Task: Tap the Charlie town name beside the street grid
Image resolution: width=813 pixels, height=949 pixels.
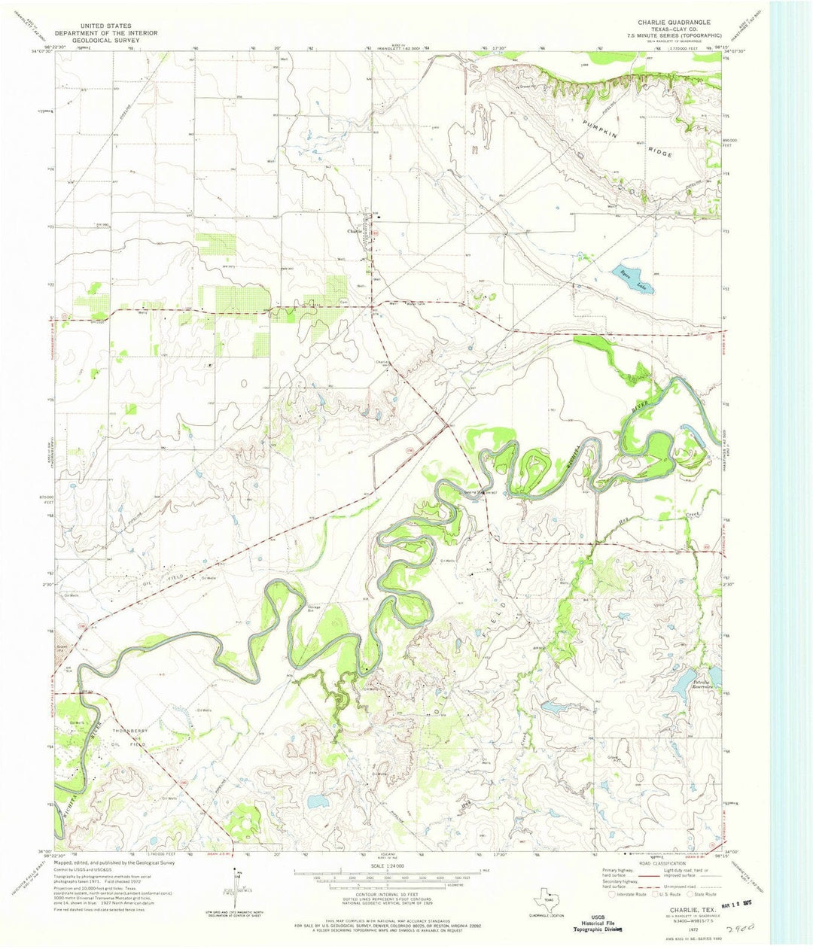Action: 354,232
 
